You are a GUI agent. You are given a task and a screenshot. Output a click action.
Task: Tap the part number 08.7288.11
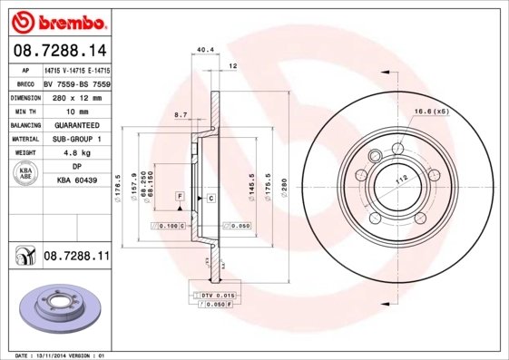76,258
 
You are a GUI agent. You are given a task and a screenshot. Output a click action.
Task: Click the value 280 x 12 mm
76,97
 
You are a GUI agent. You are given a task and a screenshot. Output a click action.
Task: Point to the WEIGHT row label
25,153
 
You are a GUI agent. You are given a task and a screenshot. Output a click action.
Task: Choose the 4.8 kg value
76,153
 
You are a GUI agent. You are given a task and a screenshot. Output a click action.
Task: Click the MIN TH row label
25,111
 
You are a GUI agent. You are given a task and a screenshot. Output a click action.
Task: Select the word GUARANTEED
76,125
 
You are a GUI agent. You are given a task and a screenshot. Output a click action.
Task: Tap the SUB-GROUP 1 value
76,139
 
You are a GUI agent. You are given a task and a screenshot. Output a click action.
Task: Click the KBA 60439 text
76,181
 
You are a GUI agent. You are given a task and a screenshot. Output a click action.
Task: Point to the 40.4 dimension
204,49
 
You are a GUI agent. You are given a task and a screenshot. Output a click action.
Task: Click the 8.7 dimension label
181,115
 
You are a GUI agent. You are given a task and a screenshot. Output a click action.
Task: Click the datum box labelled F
180,196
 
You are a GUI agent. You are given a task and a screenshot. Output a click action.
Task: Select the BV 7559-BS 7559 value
76,83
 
